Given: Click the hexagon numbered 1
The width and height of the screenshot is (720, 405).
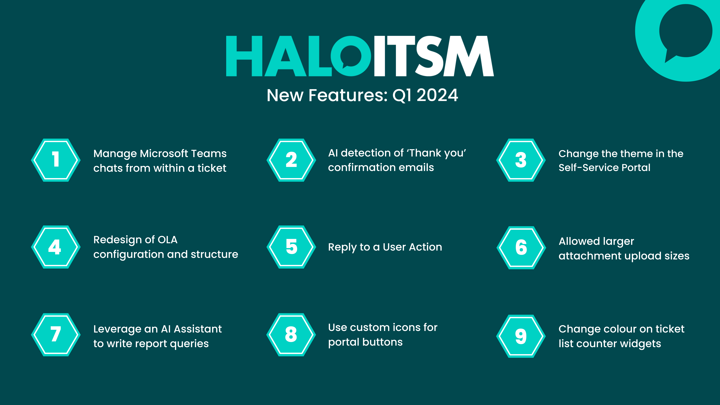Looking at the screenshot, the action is coord(56,160).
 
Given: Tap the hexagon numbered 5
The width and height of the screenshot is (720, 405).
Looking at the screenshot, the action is coord(291,247).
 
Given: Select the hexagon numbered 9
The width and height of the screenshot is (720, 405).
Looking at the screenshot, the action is coord(521,336).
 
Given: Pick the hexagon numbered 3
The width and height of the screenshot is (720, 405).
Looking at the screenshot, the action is coord(521,160).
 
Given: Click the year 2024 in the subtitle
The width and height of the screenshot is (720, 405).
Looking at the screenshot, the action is coord(437,95).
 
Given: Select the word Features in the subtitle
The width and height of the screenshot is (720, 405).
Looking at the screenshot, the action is coord(348,95).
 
